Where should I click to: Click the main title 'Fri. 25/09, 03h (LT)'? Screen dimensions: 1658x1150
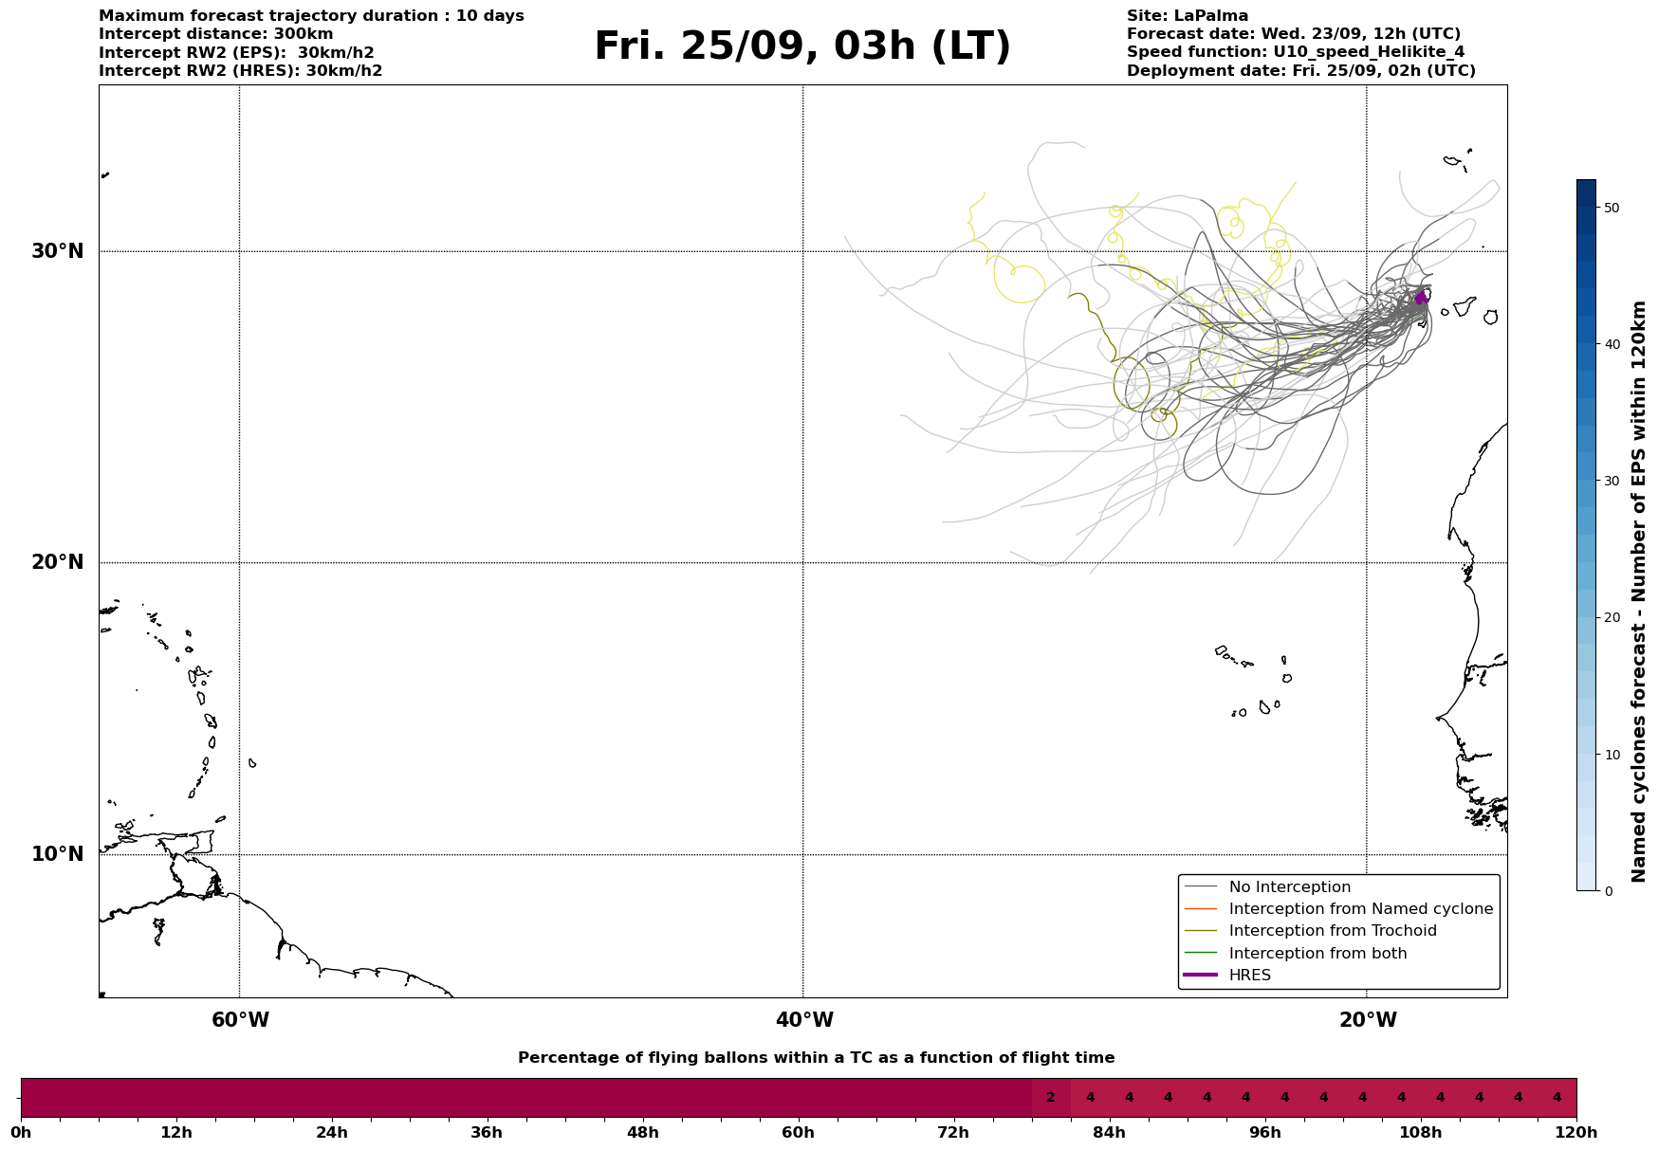(x=802, y=46)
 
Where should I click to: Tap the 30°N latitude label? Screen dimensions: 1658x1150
(x=58, y=251)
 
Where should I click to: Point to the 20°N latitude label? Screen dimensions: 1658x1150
(x=58, y=562)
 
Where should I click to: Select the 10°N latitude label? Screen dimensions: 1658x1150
(x=58, y=854)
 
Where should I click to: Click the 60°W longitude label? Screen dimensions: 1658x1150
(x=240, y=1020)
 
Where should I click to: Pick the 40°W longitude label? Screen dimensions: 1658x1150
(x=804, y=1020)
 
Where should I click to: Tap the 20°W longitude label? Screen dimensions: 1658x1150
(x=1368, y=1020)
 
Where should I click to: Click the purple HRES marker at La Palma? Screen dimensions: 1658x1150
(x=1421, y=299)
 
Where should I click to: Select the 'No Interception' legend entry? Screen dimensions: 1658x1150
(x=1290, y=887)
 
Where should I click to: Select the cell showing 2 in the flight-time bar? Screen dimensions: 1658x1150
(x=1051, y=1098)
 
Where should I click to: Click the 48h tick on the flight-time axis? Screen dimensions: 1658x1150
(x=642, y=1132)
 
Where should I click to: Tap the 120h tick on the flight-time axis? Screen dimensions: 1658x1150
(x=1576, y=1132)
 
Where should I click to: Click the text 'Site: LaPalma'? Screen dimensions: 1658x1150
(x=1188, y=16)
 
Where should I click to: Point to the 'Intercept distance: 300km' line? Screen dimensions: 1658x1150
(x=216, y=34)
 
